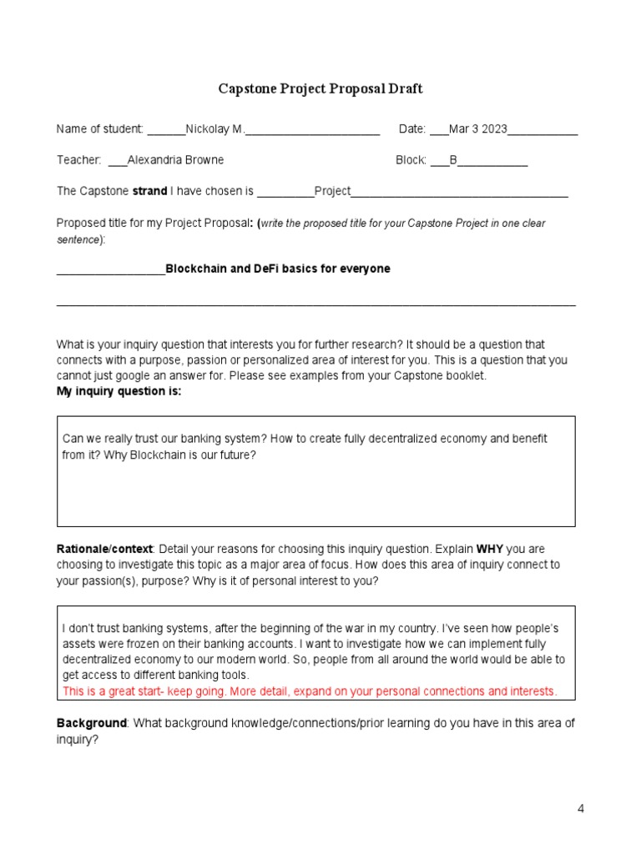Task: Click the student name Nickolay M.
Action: [215, 129]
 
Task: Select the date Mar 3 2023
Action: [478, 129]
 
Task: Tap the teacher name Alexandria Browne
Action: [175, 160]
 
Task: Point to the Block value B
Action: [454, 160]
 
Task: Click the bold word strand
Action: [150, 191]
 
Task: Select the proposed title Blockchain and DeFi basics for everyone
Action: [278, 269]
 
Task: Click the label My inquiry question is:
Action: [119, 391]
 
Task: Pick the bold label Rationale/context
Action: [104, 550]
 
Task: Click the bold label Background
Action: [90, 723]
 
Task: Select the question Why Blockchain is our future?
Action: [180, 455]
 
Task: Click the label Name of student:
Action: [99, 129]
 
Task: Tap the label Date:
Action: [412, 129]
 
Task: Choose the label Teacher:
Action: [78, 160]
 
